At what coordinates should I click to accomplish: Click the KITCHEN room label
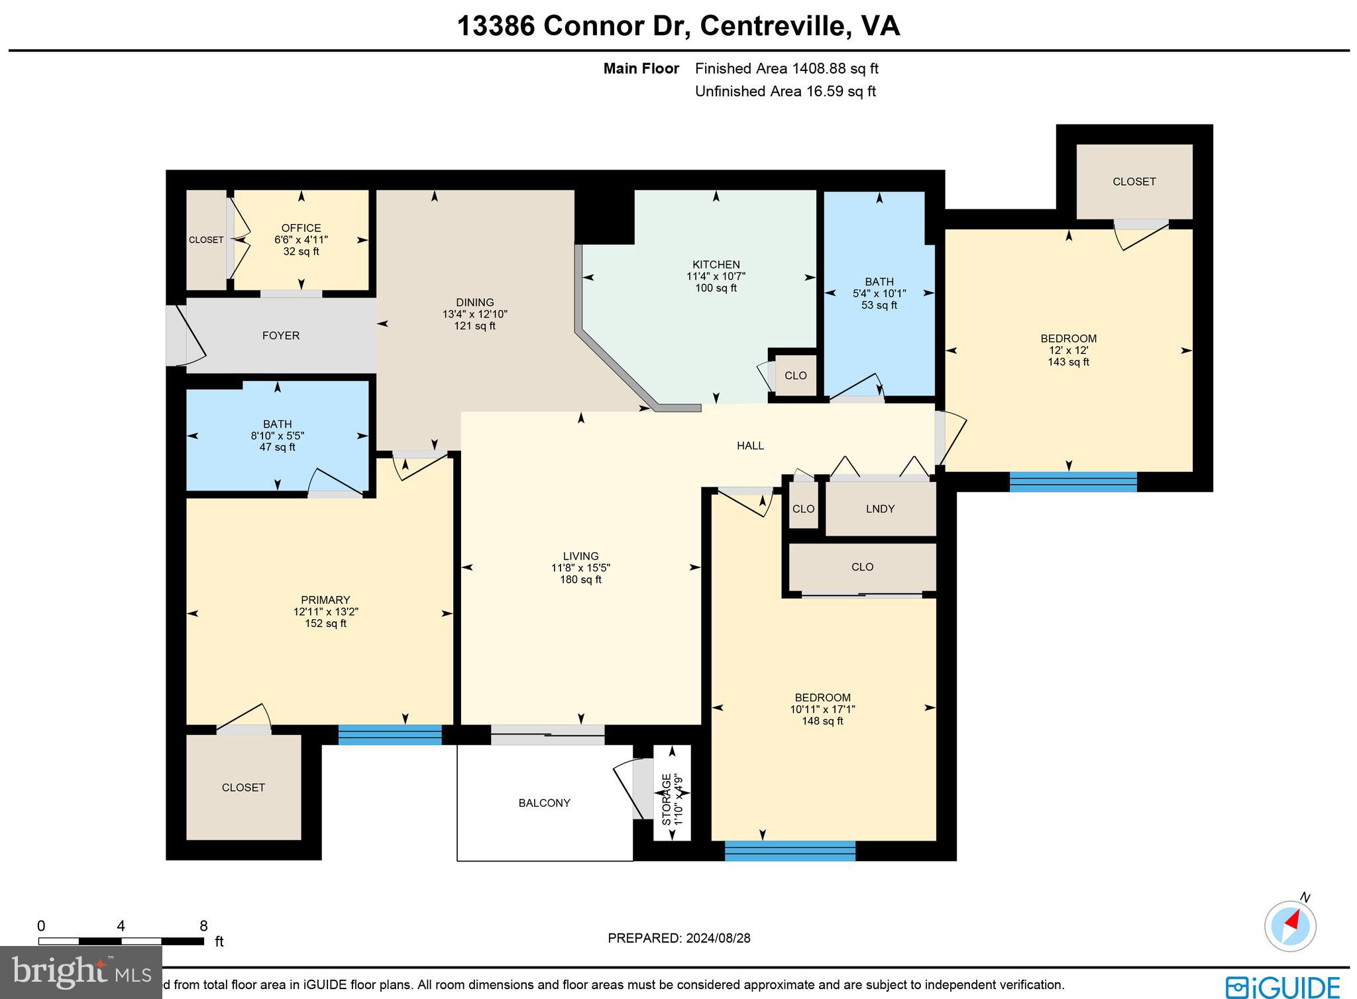(716, 264)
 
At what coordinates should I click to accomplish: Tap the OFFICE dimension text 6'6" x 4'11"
(301, 240)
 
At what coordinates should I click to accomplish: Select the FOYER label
(281, 335)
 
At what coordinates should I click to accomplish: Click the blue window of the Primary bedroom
(390, 735)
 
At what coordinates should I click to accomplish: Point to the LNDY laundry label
(880, 508)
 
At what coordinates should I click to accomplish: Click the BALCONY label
(544, 803)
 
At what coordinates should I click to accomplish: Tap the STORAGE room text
(667, 799)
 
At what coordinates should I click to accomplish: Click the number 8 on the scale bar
(203, 926)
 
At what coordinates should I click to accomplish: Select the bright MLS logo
(80, 972)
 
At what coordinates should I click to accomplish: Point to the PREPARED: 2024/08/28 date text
(678, 938)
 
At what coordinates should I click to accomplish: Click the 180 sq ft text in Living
(580, 579)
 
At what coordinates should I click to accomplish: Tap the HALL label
(750, 445)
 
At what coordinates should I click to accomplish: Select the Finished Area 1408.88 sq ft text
(787, 68)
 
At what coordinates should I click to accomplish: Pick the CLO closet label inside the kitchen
(795, 375)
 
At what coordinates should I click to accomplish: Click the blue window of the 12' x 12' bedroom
(1073, 481)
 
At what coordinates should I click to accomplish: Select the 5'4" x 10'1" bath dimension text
(879, 294)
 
